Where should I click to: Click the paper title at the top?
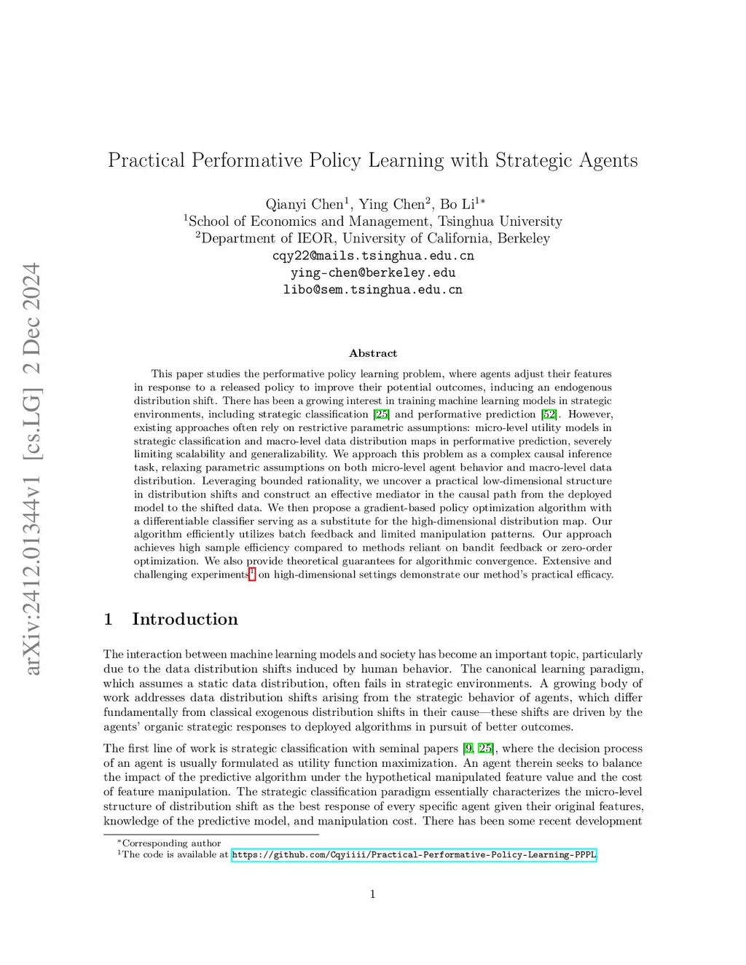[x=372, y=160]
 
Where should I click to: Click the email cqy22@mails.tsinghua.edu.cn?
[x=373, y=256]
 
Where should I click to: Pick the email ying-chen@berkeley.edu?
[x=373, y=272]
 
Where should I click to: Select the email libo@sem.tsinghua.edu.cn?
[x=373, y=289]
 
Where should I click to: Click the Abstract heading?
[x=373, y=353]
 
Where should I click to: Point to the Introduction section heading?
[x=184, y=619]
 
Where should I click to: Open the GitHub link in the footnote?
[x=414, y=855]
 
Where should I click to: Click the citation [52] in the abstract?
[x=549, y=414]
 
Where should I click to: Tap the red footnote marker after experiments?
[x=252, y=574]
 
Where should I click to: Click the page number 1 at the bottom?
[x=373, y=894]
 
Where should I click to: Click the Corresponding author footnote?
[x=170, y=843]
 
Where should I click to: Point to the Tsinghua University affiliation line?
[x=373, y=221]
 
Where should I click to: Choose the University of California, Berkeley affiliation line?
[x=373, y=238]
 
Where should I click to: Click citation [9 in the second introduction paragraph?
[x=468, y=749]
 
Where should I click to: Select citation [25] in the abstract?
[x=381, y=414]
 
